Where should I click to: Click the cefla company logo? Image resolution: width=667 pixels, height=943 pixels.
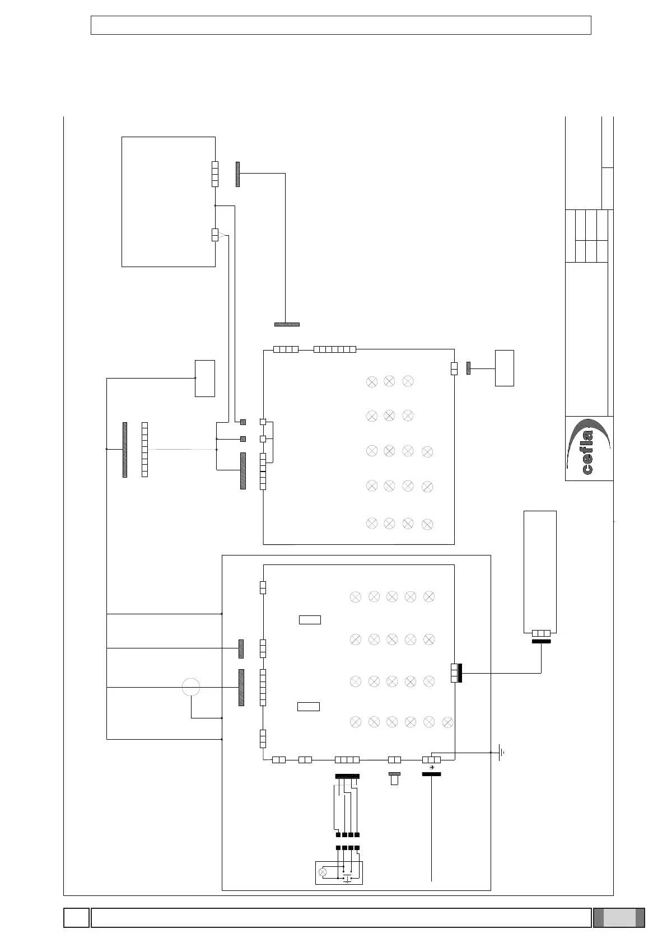tap(589, 448)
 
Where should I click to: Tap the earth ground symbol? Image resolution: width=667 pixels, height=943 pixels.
tap(501, 752)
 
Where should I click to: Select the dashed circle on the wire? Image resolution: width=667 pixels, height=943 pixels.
tap(191, 687)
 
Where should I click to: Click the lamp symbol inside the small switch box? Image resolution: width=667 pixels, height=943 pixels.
tap(323, 872)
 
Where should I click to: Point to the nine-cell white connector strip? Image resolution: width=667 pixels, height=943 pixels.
tap(145, 450)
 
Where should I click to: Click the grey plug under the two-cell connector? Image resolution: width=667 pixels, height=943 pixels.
tap(395, 778)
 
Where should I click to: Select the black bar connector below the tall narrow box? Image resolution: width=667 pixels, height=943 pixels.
tap(541, 642)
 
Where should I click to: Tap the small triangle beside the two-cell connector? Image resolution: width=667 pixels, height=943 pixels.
tap(222, 236)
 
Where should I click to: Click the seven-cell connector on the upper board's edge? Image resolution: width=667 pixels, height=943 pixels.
tap(335, 349)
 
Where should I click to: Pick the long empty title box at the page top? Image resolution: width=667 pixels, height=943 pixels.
tap(341, 25)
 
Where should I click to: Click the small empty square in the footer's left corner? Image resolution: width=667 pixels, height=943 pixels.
tap(76, 917)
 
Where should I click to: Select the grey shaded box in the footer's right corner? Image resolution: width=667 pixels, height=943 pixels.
tap(619, 917)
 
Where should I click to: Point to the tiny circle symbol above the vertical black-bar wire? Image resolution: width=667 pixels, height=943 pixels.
tap(431, 768)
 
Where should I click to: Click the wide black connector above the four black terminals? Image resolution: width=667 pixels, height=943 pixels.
tap(347, 776)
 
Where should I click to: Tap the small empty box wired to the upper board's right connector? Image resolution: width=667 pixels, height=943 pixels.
tap(505, 368)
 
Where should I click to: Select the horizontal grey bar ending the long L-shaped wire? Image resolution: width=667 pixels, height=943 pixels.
tap(287, 325)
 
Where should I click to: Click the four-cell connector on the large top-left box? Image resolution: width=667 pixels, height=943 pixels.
tap(215, 174)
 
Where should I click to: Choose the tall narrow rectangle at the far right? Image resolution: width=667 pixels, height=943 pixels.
tap(540, 572)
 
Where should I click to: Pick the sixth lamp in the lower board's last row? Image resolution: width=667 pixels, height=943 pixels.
tap(447, 723)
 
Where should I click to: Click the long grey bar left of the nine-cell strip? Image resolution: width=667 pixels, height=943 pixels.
tap(125, 450)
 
